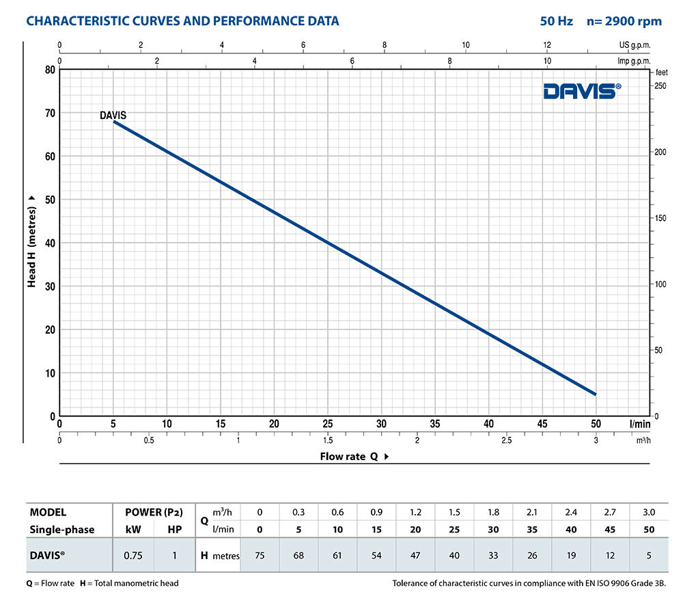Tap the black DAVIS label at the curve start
113,116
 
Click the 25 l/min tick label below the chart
328,424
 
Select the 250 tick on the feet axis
660,85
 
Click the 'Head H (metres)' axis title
31,240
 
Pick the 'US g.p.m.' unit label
635,45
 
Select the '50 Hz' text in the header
556,21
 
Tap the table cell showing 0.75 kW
133,556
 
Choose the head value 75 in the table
260,556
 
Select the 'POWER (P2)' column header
153,512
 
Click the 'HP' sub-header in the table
174,529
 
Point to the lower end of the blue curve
596,394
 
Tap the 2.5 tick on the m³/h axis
507,441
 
